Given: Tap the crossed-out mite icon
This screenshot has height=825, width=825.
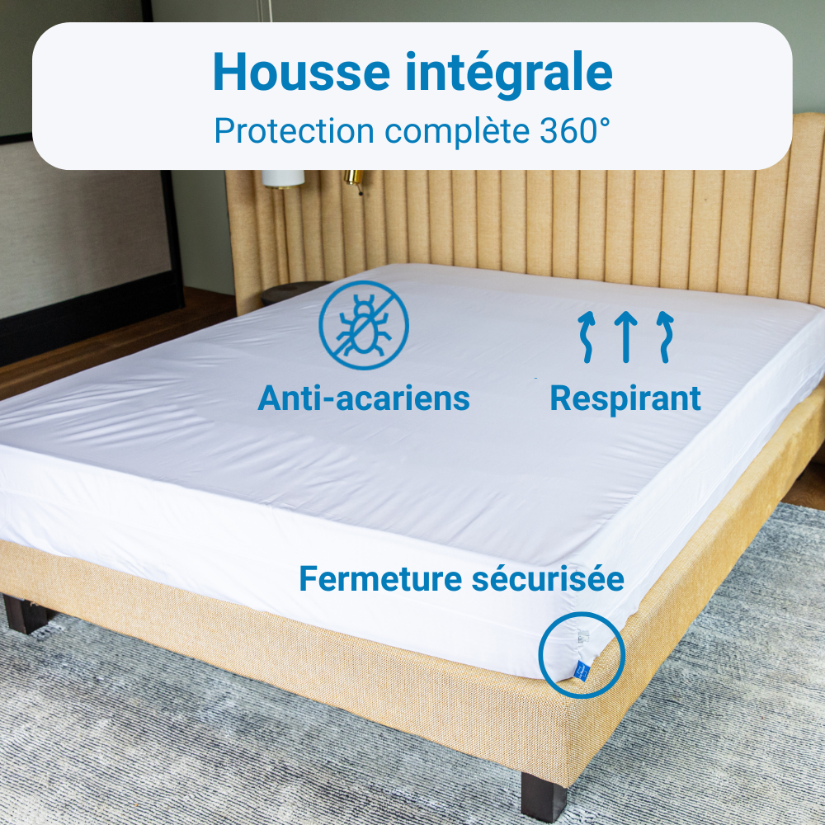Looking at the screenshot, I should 364,325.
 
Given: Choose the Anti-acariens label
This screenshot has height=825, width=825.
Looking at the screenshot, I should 364,398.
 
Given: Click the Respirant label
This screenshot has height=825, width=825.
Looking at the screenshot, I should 625,398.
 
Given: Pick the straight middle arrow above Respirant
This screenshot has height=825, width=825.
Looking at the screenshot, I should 626,337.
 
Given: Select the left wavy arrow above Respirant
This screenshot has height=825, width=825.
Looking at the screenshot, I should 587,337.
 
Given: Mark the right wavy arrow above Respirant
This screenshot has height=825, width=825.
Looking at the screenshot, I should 664,337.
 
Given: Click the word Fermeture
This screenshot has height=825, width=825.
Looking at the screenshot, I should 379,578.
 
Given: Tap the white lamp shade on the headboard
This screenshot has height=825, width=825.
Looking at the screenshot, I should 284,178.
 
